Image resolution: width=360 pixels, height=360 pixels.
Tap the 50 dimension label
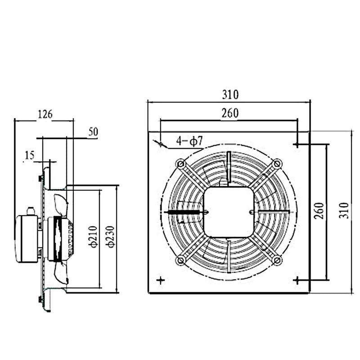pyautogui.click(x=93, y=132)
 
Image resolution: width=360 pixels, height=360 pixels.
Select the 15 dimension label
pyautogui.click(x=29, y=156)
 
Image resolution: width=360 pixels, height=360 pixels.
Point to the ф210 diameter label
pyautogui.click(x=94, y=235)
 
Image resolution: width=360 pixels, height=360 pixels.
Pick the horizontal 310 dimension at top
pyautogui.click(x=230, y=95)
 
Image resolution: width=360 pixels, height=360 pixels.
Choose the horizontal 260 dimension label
pyautogui.click(x=229, y=113)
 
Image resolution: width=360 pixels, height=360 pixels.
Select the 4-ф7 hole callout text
pyautogui.click(x=190, y=141)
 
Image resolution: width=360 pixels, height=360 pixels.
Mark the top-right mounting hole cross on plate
pyautogui.click(x=297, y=144)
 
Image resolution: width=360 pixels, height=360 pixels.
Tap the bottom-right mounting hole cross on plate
pyautogui.click(x=297, y=280)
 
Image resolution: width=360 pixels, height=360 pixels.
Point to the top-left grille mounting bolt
pyautogui.click(x=180, y=163)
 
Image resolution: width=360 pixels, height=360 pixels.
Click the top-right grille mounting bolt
pyautogui.click(x=278, y=163)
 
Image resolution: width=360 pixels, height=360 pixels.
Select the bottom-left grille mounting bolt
pyautogui.click(x=180, y=260)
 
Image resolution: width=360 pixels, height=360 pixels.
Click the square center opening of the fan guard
pyautogui.click(x=229, y=211)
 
